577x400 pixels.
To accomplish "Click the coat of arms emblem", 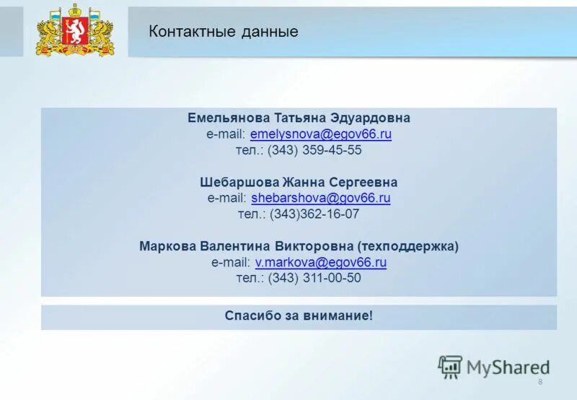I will [75, 30].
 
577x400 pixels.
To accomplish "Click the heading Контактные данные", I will [223, 32].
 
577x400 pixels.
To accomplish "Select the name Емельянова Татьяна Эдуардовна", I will [299, 118].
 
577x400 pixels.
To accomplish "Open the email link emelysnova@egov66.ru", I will [321, 134].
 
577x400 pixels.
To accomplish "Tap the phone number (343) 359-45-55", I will [314, 151].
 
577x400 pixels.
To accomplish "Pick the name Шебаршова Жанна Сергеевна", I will [299, 182].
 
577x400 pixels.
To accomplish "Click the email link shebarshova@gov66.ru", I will [321, 198].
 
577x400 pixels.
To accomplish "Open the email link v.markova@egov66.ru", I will [321, 263].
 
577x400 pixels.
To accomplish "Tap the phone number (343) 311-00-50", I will [314, 279].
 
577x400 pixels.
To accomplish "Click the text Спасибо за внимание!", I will [299, 316].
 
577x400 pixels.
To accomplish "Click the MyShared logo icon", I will [450, 367].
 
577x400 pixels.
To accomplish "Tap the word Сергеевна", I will [364, 182].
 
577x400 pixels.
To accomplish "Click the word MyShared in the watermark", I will [508, 368].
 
